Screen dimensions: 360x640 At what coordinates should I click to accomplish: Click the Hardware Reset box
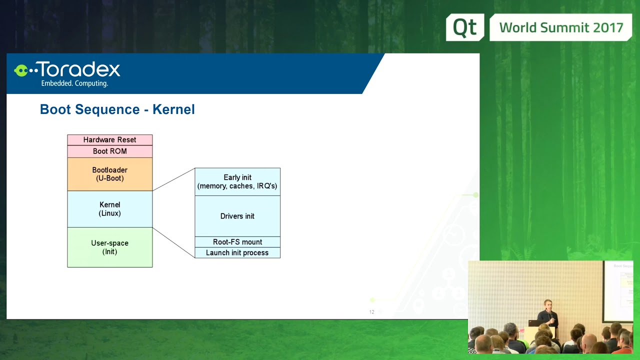(109, 140)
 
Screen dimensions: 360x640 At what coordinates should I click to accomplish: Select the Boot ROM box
(109, 151)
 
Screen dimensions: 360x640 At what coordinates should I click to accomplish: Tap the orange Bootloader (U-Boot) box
(109, 174)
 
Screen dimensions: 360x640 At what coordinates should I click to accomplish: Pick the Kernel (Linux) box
(109, 209)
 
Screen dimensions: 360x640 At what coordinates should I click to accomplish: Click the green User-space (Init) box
(109, 247)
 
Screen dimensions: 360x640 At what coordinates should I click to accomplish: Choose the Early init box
(237, 181)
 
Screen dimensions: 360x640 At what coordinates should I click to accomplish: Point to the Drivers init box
(237, 216)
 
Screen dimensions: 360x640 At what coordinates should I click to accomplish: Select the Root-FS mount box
(237, 242)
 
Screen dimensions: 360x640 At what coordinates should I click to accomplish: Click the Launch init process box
(237, 253)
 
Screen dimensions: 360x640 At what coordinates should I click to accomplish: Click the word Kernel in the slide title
(173, 109)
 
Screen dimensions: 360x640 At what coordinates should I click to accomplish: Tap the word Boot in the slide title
(54, 109)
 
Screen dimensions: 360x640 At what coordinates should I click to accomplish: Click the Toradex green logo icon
(23, 70)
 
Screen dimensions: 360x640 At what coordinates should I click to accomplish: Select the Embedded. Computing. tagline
(74, 83)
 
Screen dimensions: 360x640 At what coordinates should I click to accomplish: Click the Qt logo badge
(464, 27)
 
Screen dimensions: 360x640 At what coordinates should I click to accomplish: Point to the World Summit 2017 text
(561, 27)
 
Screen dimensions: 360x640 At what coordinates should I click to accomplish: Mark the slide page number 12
(371, 312)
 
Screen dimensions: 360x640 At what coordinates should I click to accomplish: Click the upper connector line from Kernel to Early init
(173, 179)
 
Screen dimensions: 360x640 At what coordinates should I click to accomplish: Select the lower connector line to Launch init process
(173, 242)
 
